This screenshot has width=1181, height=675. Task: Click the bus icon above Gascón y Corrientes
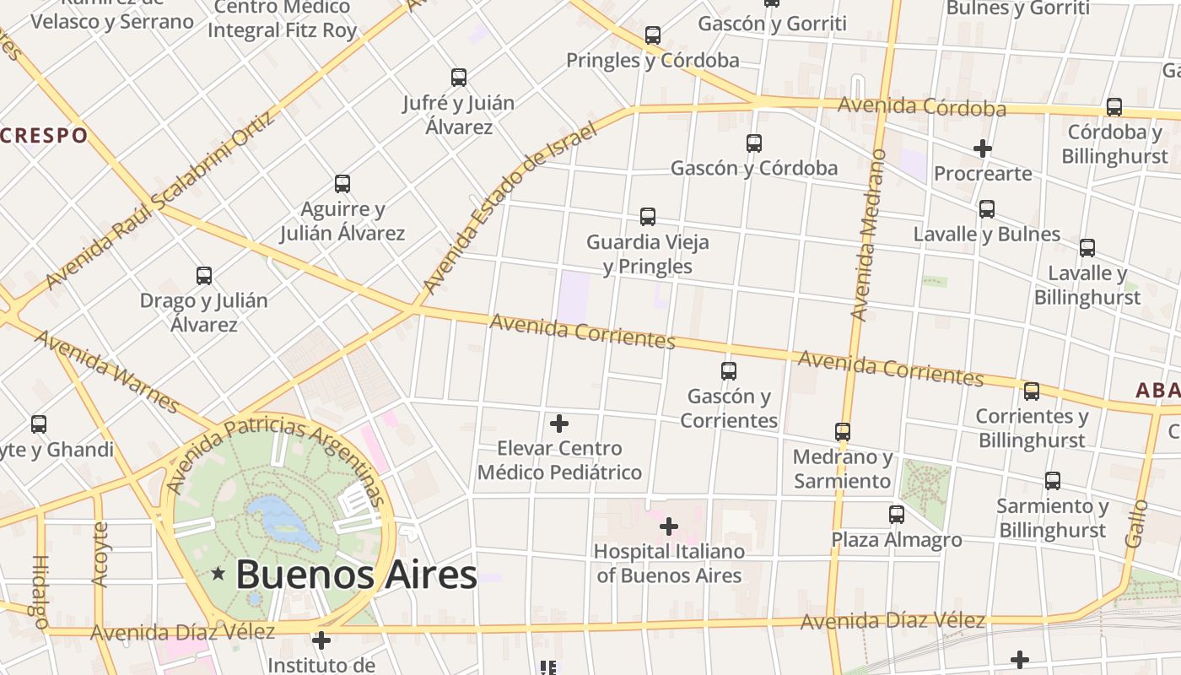[x=729, y=370]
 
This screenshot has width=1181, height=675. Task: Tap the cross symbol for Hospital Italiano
[x=669, y=527]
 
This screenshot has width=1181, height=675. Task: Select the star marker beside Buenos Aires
[x=218, y=575]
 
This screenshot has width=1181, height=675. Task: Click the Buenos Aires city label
[x=356, y=575]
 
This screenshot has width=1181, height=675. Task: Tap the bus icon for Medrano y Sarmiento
[x=842, y=432]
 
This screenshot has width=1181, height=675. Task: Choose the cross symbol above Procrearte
[x=982, y=148]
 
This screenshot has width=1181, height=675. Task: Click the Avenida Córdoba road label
[x=921, y=107]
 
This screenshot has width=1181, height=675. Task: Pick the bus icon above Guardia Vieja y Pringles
[x=647, y=217]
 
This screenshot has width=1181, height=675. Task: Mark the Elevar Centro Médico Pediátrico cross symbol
[x=558, y=424]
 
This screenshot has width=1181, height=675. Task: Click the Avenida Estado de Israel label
[x=510, y=208]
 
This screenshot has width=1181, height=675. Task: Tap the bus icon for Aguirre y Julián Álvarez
[x=342, y=184]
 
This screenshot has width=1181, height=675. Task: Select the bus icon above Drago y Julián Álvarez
[x=203, y=276]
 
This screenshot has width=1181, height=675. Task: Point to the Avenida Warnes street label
[x=106, y=371]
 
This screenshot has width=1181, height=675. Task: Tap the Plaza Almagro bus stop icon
[x=896, y=514]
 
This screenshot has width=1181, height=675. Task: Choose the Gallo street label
[x=1138, y=523]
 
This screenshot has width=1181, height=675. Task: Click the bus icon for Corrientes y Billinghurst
[x=1031, y=391]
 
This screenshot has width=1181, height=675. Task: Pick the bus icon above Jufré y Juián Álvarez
[x=458, y=78]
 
